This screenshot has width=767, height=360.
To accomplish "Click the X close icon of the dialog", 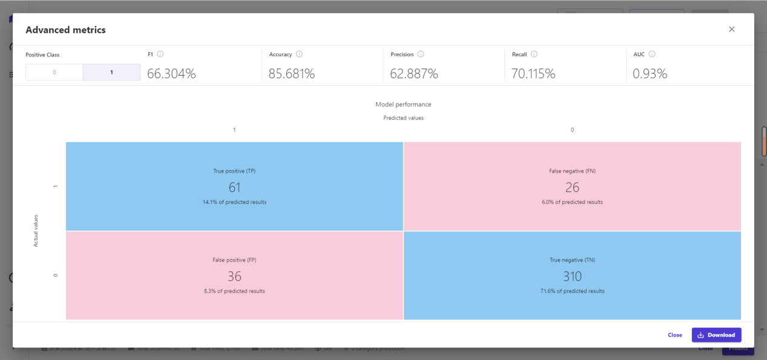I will coord(731,29).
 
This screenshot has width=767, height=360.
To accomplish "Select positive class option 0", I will coord(54,73).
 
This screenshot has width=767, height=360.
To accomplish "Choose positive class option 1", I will coord(111,73).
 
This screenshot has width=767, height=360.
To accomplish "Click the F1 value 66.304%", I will coord(171,74).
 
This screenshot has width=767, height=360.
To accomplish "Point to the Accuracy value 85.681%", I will coord(292,74).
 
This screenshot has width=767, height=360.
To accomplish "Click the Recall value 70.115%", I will coord(533,74).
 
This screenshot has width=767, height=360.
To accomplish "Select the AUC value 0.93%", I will coord(650,74).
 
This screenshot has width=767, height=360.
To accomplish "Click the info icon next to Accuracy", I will coord(299,54).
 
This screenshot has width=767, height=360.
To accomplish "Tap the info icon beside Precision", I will coord(421,54).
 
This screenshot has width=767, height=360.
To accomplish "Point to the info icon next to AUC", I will coord(652,54).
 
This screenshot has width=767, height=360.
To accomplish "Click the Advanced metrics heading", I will coord(65,30).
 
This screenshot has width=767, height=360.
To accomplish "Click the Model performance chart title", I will coord(403,104).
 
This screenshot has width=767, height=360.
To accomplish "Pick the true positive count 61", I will coord(234,188).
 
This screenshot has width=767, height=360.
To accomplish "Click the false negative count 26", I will coord(572,188).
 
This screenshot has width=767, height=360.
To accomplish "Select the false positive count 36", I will coord(234,277).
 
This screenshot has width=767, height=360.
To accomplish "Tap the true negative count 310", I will coord(572,277).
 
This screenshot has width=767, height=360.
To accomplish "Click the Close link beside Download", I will coord(674,335).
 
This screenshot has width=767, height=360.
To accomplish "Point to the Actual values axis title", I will coord(36,231).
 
